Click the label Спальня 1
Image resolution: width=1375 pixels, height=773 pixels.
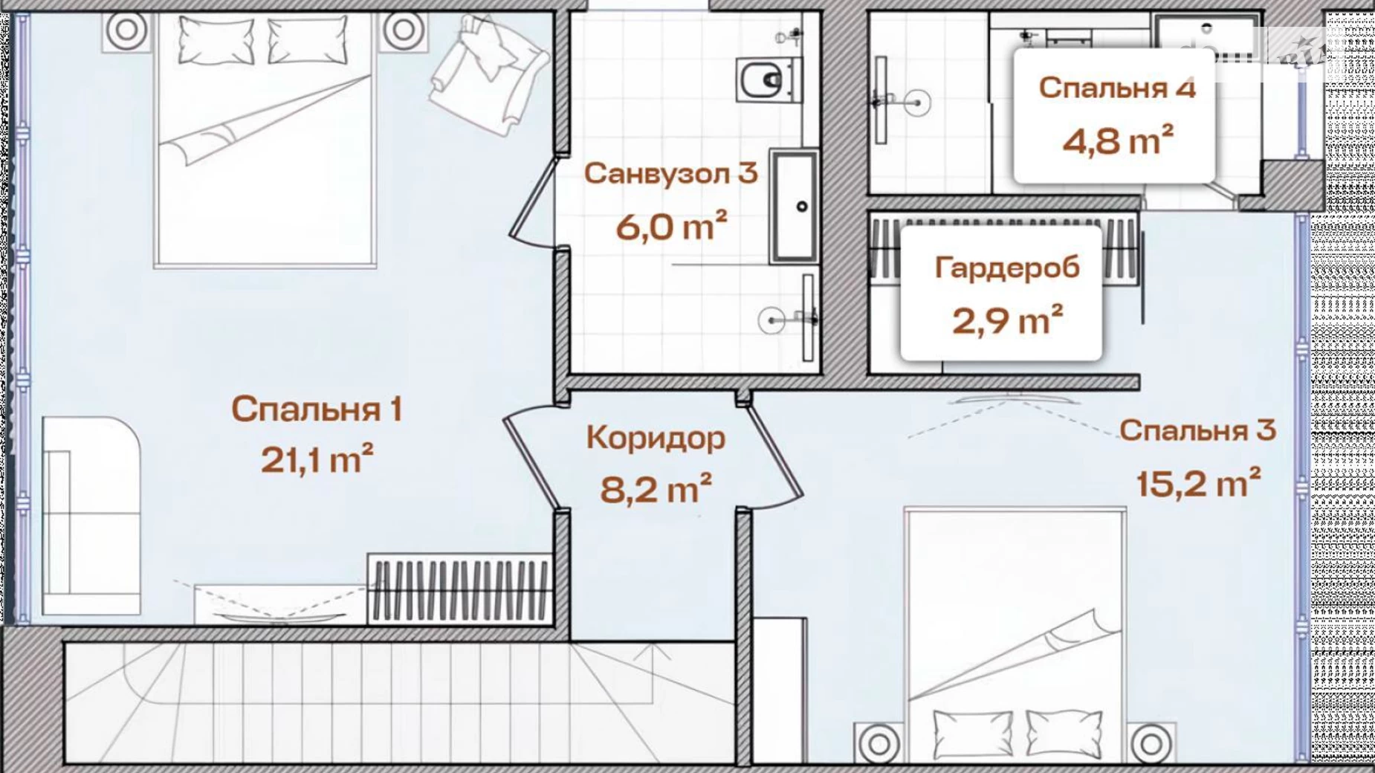[317, 410]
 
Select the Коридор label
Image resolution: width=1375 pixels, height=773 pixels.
[656, 439]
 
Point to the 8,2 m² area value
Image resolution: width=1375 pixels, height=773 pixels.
[656, 488]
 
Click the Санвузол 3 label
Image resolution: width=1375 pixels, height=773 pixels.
[670, 173]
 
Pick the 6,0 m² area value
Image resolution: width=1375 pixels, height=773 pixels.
[670, 226]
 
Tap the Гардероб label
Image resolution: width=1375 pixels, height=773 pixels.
[1007, 268]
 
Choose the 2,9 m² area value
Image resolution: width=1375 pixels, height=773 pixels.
[1007, 320]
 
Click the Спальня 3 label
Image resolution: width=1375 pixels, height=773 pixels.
[1197, 430]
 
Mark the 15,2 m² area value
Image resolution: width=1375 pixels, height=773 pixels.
[1198, 483]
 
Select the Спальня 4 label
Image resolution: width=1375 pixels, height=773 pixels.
[1117, 88]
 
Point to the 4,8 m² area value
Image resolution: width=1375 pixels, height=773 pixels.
[1117, 140]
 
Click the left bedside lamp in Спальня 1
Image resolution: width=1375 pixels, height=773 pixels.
[126, 30]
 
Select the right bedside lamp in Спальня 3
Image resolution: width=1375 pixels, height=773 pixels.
[1151, 743]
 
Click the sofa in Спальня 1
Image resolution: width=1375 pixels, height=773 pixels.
[91, 515]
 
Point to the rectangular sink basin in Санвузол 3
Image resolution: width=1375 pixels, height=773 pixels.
[794, 207]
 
